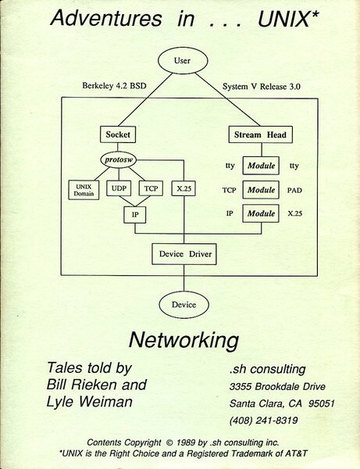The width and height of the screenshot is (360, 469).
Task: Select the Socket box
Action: [118, 135]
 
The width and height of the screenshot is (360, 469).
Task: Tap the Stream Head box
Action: [259, 135]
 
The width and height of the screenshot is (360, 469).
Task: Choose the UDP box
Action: [119, 188]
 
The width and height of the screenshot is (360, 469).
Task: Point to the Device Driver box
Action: [182, 253]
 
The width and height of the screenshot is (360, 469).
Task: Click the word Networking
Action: [182, 341]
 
